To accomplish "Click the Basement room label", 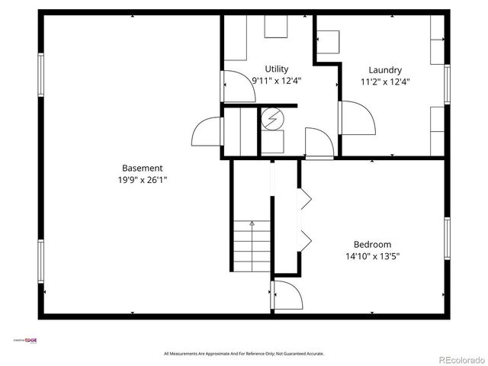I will coord(143,168).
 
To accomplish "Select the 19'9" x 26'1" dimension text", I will coord(143,180).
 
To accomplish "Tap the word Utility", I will coord(277,69).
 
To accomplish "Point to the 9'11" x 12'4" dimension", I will coord(277,81).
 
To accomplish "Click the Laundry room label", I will coord(384,69).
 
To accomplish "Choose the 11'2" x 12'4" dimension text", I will coord(384,82).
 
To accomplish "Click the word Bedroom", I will coord(372,244).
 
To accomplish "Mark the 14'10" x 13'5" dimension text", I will coord(372,256).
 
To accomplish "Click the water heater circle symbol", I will coord(272,118).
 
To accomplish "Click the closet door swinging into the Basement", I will coord(206,133).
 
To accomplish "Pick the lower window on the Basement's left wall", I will coord(41,263).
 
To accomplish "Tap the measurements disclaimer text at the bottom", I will coord(244,354).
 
